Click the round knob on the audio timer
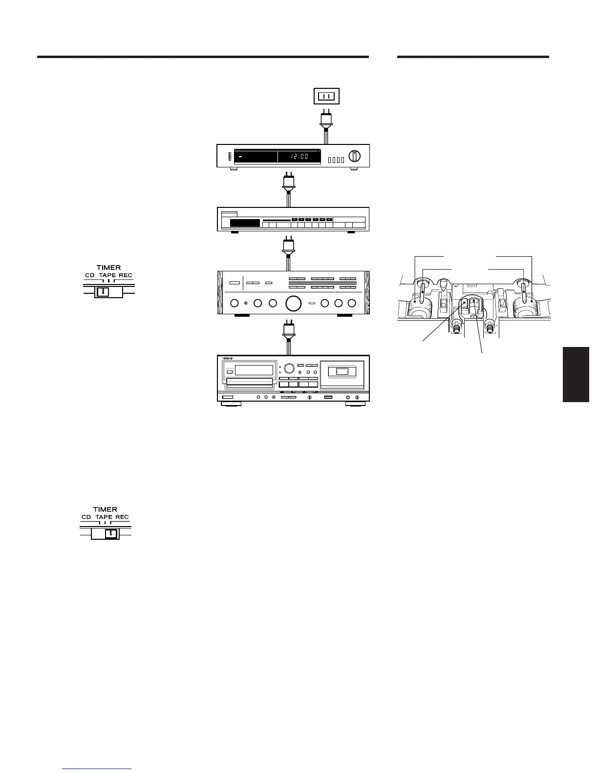[x=354, y=156]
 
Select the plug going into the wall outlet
[x=326, y=122]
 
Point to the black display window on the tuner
[x=245, y=224]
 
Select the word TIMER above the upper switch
[x=108, y=268]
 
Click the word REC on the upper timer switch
[x=126, y=276]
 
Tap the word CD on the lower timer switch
[x=86, y=517]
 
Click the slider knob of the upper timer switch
[x=103, y=292]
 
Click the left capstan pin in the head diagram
[x=422, y=295]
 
